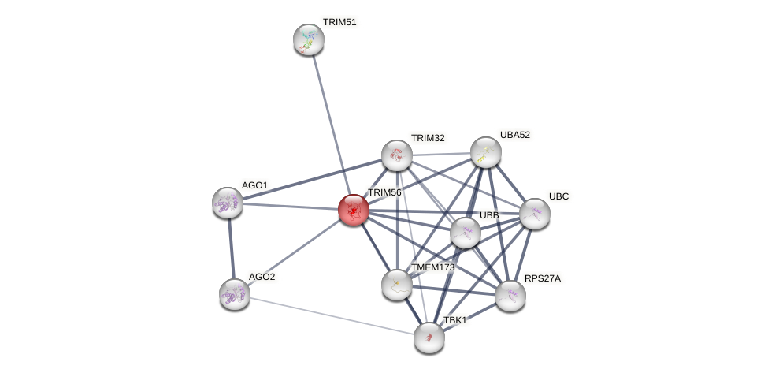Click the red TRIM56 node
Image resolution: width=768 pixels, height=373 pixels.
tap(353, 210)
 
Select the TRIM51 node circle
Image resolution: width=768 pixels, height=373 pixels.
tap(309, 39)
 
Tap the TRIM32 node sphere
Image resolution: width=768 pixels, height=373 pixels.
tap(397, 155)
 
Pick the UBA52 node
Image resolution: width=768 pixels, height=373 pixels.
tap(486, 152)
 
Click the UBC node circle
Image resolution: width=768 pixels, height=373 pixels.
tap(535, 214)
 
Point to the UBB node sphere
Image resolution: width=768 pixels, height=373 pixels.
tap(466, 233)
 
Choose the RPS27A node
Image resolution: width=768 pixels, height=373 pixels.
tap(510, 296)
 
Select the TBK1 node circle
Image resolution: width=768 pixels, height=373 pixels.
tap(429, 338)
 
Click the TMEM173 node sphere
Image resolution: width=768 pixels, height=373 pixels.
tap(397, 285)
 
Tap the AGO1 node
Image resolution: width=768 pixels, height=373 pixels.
tap(228, 203)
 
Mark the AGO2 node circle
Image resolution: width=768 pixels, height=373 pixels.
tap(235, 294)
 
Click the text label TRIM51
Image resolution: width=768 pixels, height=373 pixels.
tap(340, 22)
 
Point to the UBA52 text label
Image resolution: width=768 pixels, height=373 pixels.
tap(515, 135)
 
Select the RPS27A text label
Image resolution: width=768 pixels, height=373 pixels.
tap(543, 278)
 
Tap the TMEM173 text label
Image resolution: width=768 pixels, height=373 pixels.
tap(432, 267)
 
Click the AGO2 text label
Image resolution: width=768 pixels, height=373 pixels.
tap(262, 277)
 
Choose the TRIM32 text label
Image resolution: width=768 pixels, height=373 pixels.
tap(428, 138)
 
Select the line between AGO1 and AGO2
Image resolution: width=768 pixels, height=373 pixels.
tap(231, 248)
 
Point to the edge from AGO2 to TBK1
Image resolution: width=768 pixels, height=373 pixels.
tap(331, 315)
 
